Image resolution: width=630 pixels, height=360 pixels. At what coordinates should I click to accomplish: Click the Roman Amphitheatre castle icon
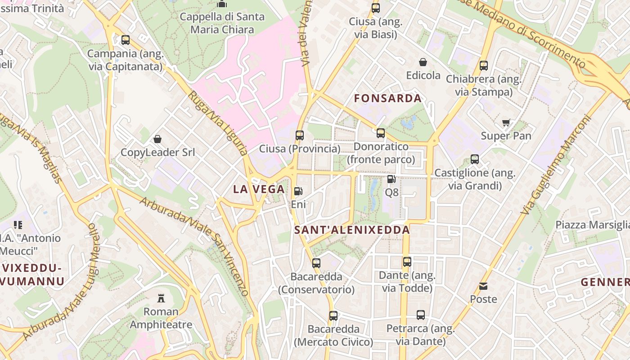161,298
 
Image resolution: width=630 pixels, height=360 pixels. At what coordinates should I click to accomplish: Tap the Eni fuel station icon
298,191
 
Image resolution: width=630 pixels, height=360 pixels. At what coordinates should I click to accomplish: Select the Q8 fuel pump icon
391,179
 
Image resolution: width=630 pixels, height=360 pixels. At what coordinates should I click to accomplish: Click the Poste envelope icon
483,286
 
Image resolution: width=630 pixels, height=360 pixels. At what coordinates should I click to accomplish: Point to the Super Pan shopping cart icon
506,122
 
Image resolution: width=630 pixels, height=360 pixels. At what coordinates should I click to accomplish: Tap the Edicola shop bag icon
423,62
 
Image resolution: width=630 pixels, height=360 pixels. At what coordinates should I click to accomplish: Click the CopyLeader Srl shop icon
157,139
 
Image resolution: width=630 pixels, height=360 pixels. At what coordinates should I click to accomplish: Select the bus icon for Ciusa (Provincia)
300,135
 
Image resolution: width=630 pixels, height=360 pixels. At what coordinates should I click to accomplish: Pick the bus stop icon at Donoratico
381,133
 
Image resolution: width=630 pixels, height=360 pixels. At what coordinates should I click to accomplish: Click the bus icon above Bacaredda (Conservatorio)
316,263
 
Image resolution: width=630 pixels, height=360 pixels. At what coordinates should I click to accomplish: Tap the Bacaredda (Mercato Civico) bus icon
333,315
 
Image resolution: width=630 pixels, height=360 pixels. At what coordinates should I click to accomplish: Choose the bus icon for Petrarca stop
420,315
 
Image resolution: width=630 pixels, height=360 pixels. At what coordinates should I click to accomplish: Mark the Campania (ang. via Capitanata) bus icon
125,40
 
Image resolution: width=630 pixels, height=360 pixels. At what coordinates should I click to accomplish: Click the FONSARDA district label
387,98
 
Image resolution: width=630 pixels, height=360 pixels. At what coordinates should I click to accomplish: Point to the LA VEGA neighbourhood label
259,189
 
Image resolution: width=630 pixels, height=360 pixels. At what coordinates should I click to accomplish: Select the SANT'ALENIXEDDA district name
352,230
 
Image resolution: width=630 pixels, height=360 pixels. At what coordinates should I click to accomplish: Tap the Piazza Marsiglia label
592,225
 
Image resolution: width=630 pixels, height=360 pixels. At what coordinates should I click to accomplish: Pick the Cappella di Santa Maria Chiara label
222,23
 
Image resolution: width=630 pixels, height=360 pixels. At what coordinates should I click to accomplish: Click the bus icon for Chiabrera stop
484,65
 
